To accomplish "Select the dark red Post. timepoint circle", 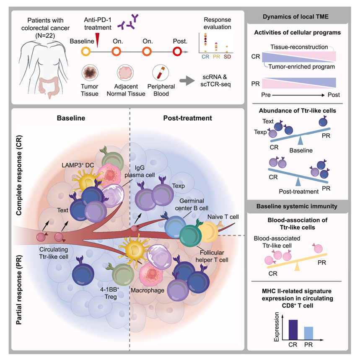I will (x=177, y=52).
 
